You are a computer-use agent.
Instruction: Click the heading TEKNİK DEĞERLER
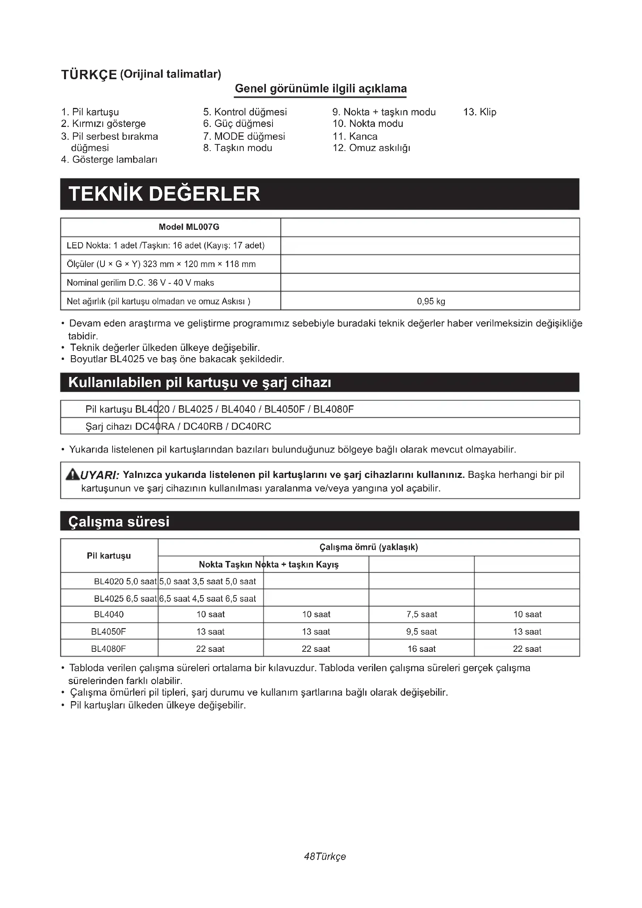164,194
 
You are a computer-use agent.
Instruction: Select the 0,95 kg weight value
430,301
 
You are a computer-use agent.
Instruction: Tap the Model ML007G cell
189,227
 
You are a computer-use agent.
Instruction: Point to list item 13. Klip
479,112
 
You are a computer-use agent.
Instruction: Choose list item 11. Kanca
355,136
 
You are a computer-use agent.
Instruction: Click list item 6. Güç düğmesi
238,124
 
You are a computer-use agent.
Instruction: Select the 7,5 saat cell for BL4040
422,614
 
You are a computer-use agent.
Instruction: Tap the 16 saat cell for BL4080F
422,649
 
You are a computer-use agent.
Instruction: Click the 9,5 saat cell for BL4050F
422,632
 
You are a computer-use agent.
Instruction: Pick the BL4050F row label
108,632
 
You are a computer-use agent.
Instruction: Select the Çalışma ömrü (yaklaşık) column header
368,547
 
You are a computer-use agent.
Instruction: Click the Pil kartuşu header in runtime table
109,556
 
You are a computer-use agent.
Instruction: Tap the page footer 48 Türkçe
324,856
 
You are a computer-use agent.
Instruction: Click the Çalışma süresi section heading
119,522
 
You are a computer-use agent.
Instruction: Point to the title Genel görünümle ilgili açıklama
321,89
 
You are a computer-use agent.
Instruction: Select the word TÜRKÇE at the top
89,75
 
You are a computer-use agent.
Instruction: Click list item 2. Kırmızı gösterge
103,124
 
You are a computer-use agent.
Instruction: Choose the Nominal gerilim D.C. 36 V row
141,283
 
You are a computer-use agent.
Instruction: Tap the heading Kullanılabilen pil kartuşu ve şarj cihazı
200,383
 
